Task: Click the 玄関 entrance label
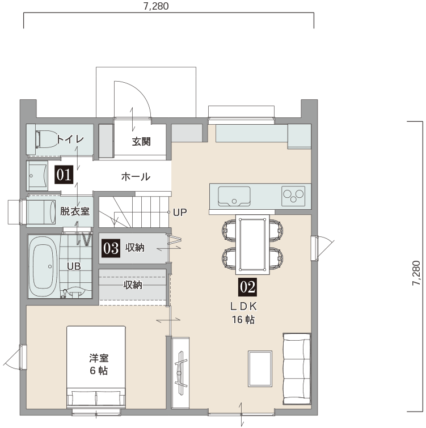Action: point(141,141)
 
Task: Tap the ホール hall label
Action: point(136,177)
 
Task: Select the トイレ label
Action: point(70,139)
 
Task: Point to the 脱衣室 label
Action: point(75,211)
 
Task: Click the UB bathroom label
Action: point(74,266)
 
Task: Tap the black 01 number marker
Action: point(64,175)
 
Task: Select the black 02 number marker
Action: point(248,287)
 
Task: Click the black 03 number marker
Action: point(111,248)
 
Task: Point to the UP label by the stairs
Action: point(180,213)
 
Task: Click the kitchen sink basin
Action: point(234,196)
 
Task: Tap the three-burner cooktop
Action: point(293,196)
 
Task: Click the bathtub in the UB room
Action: point(43,266)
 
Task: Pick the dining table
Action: point(252,244)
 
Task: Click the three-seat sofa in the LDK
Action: point(297,369)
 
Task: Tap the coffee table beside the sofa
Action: point(260,369)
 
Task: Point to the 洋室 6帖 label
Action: point(99,364)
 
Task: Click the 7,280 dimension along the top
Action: point(156,6)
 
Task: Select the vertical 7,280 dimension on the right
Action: point(416,273)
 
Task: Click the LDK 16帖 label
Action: point(243,313)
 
